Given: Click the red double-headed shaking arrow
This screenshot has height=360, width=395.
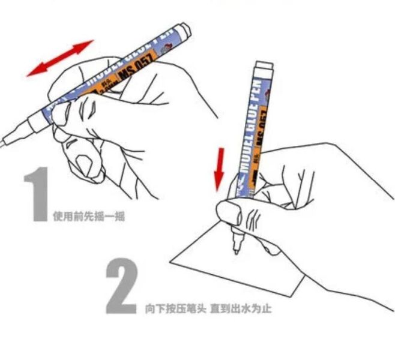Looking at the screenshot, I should (x=60, y=58).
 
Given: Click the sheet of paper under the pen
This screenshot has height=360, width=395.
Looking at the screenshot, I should (x=240, y=270).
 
